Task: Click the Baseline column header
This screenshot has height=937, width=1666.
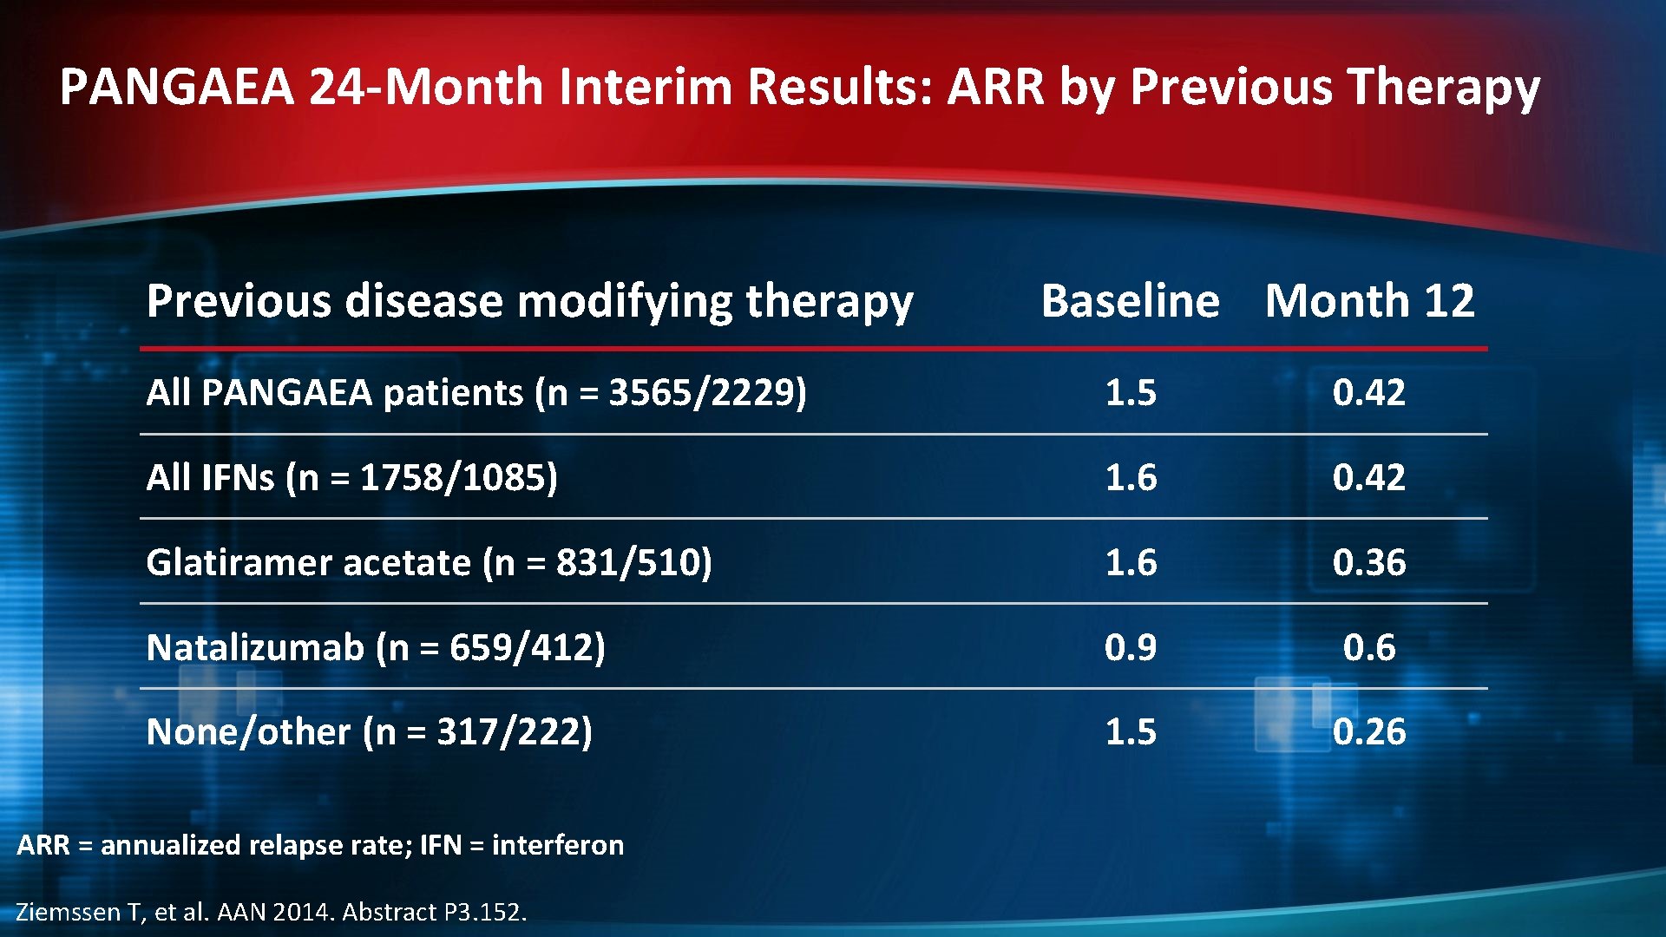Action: [1130, 301]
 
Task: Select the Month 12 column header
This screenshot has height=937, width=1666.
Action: [1369, 301]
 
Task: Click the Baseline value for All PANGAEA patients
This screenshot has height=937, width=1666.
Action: [1130, 392]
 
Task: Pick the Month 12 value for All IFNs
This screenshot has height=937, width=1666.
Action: [1368, 477]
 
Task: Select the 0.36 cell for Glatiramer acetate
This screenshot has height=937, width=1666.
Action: [1368, 562]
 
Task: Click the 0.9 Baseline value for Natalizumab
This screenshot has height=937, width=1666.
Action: [1130, 647]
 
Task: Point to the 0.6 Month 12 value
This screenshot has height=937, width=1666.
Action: [1368, 647]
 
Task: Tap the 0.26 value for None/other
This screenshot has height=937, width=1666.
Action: [1368, 731]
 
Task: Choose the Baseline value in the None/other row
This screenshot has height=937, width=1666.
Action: [1130, 731]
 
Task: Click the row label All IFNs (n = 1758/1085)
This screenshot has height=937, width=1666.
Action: [351, 477]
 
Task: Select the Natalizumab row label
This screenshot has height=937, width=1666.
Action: [376, 647]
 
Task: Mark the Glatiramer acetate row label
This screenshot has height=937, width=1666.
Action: [429, 562]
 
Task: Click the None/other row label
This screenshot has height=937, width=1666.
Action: [369, 731]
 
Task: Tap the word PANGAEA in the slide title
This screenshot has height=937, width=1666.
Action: [177, 87]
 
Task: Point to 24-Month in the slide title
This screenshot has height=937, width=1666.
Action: [425, 87]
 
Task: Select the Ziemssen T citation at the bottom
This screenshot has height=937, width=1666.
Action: [271, 912]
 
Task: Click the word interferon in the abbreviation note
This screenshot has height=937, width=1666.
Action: [557, 844]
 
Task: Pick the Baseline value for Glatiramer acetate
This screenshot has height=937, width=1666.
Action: [1130, 562]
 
